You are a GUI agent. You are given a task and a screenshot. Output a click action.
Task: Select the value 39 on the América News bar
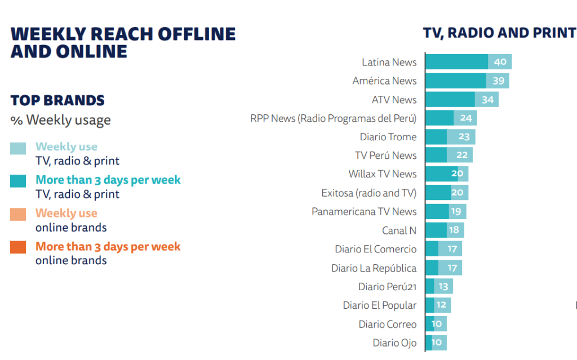[x=498, y=81]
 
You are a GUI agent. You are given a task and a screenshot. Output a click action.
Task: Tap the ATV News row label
[x=394, y=100]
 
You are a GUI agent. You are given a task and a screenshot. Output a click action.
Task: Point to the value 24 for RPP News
[x=466, y=118]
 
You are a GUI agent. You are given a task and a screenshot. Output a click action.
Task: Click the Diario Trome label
[x=388, y=137]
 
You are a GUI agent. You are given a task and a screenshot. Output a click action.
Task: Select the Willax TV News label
[x=383, y=174]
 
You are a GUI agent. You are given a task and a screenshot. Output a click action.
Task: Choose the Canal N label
[x=399, y=230]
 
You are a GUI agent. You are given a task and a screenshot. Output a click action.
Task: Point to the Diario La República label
[x=374, y=268]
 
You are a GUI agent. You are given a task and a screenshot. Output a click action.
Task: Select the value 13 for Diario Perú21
[x=443, y=287]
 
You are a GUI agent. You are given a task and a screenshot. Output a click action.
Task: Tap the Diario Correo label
[x=388, y=324]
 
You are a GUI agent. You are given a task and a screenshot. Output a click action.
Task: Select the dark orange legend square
[x=18, y=248]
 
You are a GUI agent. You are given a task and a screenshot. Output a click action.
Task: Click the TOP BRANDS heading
[x=57, y=101]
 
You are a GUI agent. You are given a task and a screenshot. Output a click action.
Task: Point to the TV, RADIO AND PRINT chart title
[x=499, y=33]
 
